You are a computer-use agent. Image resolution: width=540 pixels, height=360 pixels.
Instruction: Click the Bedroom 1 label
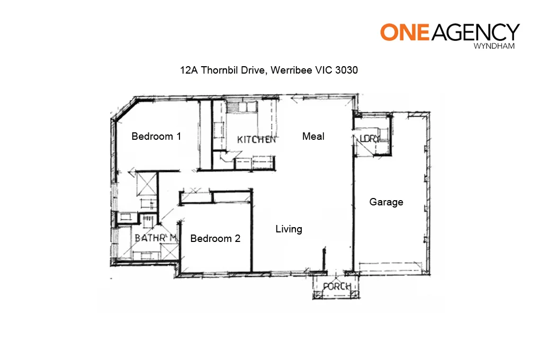[156, 137]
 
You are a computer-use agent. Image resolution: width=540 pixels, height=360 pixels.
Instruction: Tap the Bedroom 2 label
[215, 239]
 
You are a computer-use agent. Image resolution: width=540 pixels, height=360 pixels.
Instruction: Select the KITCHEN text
[256, 140]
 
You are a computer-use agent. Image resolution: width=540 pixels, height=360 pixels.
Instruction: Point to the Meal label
[313, 137]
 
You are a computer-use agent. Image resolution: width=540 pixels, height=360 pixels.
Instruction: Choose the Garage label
[386, 202]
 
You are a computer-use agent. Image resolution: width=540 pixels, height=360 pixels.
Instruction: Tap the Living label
[289, 229]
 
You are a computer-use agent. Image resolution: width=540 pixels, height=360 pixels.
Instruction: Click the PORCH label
[337, 287]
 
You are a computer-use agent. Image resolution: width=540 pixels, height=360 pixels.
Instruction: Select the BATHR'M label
[155, 239]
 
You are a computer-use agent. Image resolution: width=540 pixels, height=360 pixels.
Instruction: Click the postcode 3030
[347, 70]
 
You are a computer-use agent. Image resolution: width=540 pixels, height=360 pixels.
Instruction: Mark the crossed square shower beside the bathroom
[146, 183]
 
